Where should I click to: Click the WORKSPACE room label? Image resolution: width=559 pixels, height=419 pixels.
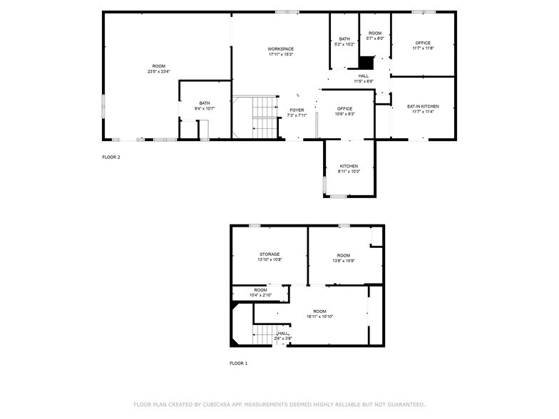[x=281, y=48]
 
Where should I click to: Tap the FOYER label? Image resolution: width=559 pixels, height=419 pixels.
[x=297, y=110]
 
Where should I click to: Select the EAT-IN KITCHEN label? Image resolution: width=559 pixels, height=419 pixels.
[x=423, y=106]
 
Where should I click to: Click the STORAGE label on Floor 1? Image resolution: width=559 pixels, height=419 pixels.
[x=270, y=254]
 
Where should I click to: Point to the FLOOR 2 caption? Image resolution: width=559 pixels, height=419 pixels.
[x=111, y=157]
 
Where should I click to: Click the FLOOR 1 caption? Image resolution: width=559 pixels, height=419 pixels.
[x=238, y=363]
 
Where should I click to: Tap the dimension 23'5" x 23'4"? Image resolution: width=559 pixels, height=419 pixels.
[x=158, y=71]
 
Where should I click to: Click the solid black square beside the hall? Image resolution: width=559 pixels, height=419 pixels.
[x=366, y=63]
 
